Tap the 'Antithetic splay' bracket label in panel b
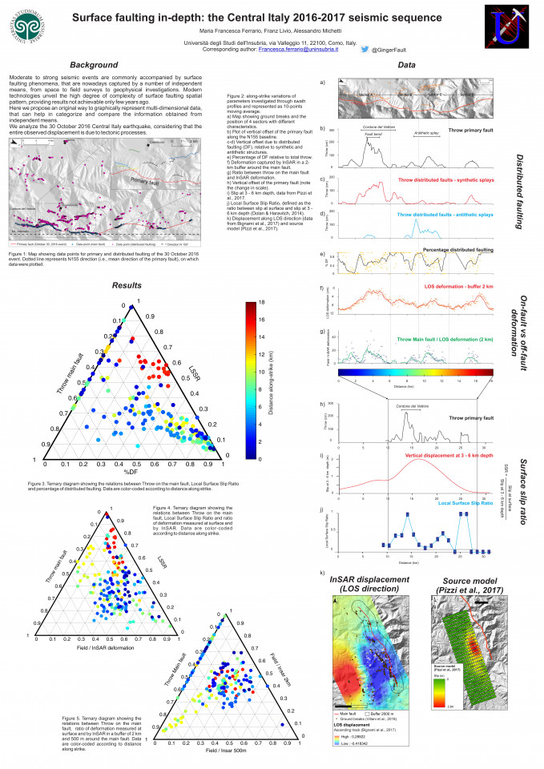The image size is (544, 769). pyautogui.click(x=427, y=134)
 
